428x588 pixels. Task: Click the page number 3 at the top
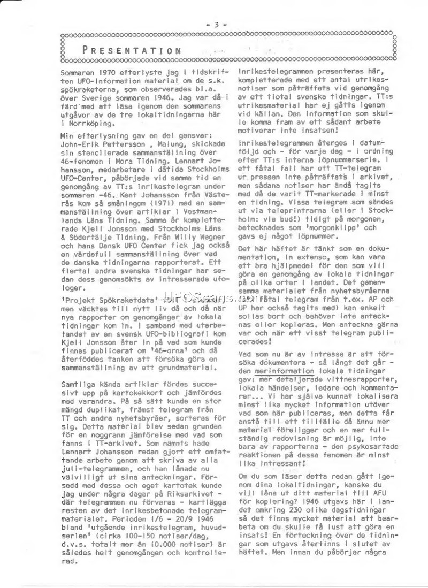tap(216, 25)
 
